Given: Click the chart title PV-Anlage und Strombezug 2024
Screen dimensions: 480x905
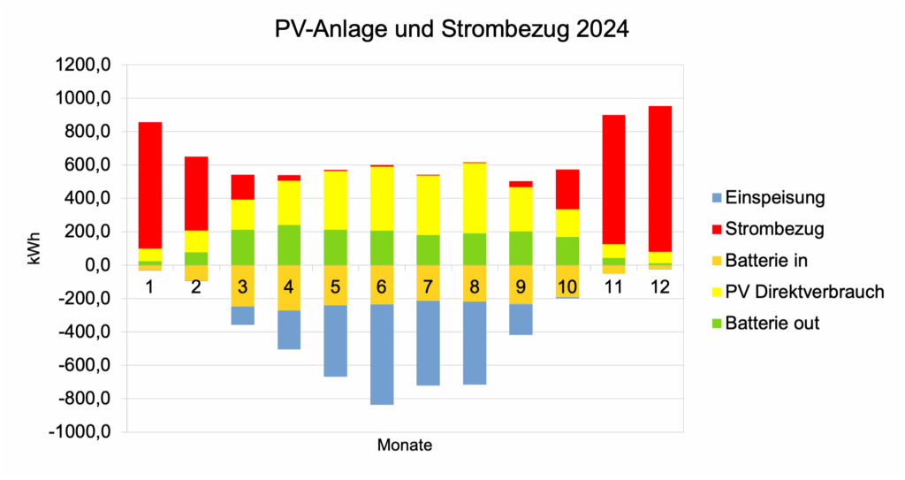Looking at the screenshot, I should tap(452, 29).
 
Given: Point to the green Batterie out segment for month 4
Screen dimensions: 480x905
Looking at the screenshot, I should tap(288, 245).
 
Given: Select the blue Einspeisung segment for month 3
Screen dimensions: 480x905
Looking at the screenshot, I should tap(242, 316).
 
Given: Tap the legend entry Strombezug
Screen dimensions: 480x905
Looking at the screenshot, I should tap(770, 230).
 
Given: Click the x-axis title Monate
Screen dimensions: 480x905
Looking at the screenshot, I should tap(405, 446).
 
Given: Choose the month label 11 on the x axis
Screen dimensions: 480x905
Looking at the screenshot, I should tap(612, 287).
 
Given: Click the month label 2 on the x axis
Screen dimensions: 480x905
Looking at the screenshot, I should tap(195, 287).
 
